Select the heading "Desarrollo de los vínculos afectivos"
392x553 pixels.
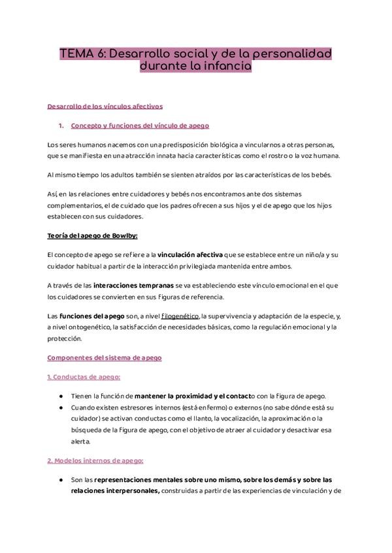[105, 106]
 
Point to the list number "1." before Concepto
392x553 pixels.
[61, 125]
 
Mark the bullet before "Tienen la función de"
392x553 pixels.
[61, 396]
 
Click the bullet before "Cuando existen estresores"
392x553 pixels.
[61, 408]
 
